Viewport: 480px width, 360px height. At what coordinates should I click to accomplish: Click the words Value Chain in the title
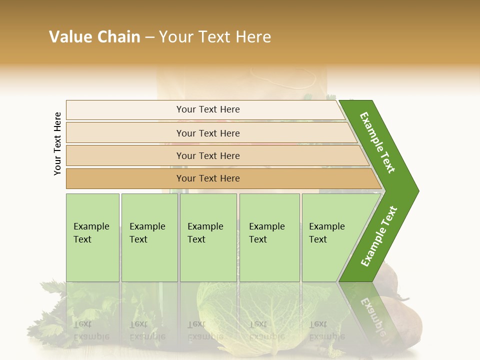(94, 37)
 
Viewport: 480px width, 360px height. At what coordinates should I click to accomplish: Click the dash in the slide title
(149, 37)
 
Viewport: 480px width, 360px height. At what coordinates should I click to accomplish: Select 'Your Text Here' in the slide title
(215, 37)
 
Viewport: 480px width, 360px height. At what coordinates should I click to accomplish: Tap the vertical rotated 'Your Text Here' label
(57, 143)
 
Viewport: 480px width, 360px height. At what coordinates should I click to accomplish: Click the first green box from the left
(92, 237)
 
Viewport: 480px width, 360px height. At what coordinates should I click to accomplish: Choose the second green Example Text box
(149, 237)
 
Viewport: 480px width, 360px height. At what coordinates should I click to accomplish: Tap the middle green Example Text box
(208, 237)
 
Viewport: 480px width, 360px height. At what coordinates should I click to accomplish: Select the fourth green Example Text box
(269, 237)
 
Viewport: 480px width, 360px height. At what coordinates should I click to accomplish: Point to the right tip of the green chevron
(417, 190)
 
